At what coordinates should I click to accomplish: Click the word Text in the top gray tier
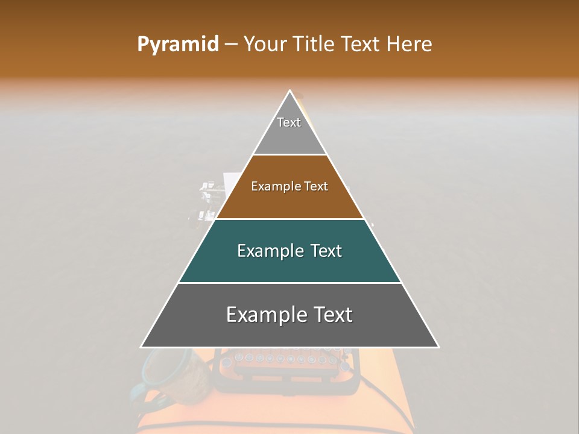pyautogui.click(x=289, y=122)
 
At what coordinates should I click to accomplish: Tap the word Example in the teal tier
pyautogui.click(x=269, y=251)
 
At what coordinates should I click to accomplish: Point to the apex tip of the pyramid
pyautogui.click(x=290, y=91)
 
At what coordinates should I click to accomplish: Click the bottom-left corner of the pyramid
pyautogui.click(x=142, y=347)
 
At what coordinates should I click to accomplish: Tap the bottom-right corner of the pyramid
pyautogui.click(x=438, y=347)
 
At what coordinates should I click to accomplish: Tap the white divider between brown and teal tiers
pyautogui.click(x=290, y=219)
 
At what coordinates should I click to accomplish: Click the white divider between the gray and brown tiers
pyautogui.click(x=290, y=155)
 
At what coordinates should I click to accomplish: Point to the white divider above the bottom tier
pyautogui.click(x=290, y=283)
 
